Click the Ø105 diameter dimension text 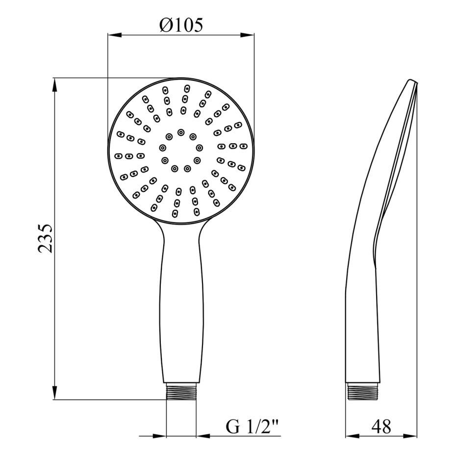tap(181, 25)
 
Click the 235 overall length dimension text tap(46, 238)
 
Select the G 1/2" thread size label tap(252, 427)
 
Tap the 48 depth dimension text tap(381, 427)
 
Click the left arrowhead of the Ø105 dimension tap(114, 35)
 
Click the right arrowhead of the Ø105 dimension tap(248, 35)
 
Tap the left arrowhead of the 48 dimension tap(352, 436)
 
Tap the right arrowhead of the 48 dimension tap(410, 436)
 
